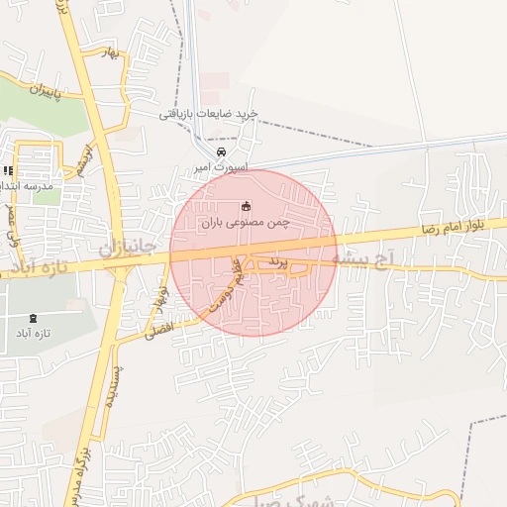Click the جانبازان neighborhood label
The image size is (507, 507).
pos(129,245)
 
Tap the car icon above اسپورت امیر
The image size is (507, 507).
pos(221,152)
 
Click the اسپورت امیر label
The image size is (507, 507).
pos(221,169)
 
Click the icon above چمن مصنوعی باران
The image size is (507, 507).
pos(246,207)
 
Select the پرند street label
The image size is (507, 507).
pos(279,264)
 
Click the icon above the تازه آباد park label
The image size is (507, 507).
pos(34,318)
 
